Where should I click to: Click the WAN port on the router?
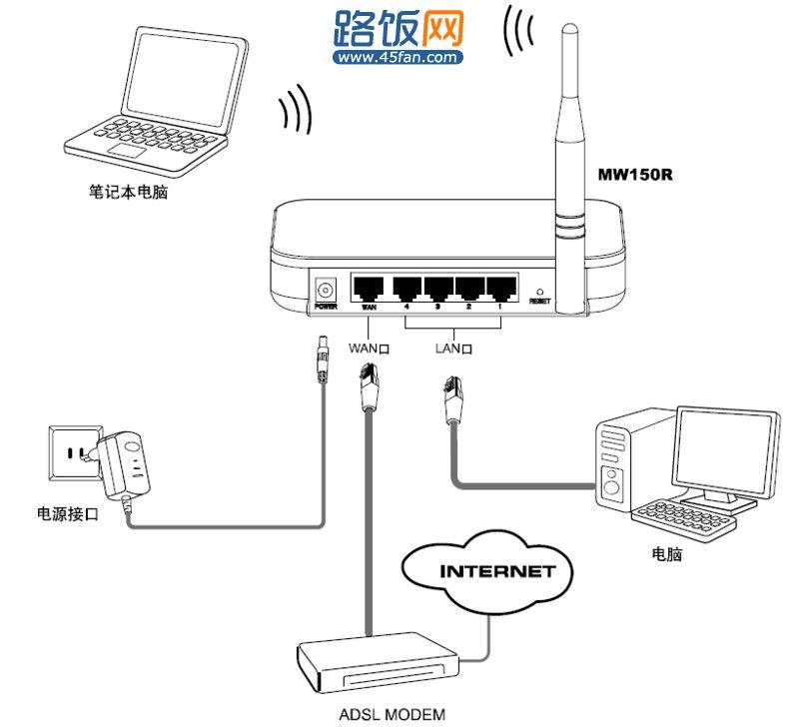click(x=369, y=290)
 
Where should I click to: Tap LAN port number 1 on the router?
click(x=498, y=290)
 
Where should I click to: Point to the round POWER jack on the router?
click(x=324, y=289)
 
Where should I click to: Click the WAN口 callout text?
click(x=369, y=349)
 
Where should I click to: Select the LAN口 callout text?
click(x=453, y=349)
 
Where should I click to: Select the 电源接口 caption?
click(x=67, y=515)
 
